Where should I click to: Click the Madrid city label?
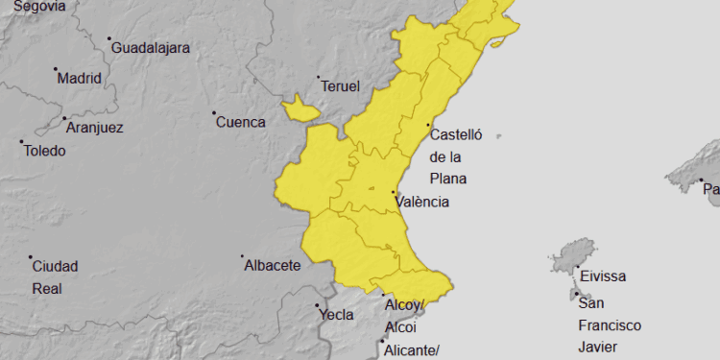80,79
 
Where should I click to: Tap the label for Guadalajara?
150,47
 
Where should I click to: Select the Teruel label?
341,86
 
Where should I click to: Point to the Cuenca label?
240,122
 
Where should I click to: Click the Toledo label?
44,151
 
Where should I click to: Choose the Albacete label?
273,265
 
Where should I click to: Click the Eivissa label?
603,276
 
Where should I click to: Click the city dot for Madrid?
56,69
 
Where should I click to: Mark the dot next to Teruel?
318,77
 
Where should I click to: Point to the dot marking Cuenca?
214,113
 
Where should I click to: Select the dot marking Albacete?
242,256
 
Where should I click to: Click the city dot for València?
394,193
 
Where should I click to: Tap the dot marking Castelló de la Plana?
427,125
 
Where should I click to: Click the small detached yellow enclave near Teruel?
300,108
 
